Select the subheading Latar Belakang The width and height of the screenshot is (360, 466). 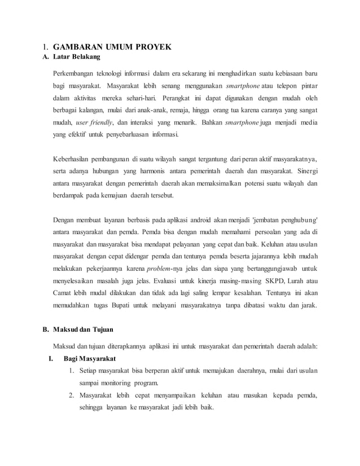point(76,57)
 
